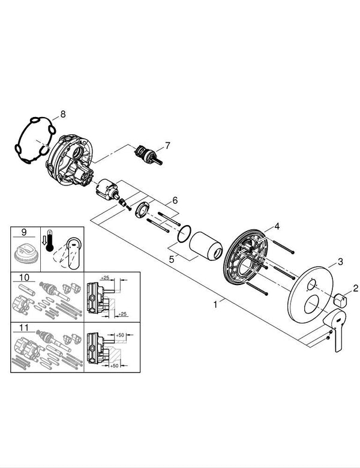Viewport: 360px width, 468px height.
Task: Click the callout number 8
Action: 62,113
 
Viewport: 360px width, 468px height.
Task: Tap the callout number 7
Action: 167,145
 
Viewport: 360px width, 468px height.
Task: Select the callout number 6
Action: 175,200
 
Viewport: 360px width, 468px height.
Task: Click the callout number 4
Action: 277,226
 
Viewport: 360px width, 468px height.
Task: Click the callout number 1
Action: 215,304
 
